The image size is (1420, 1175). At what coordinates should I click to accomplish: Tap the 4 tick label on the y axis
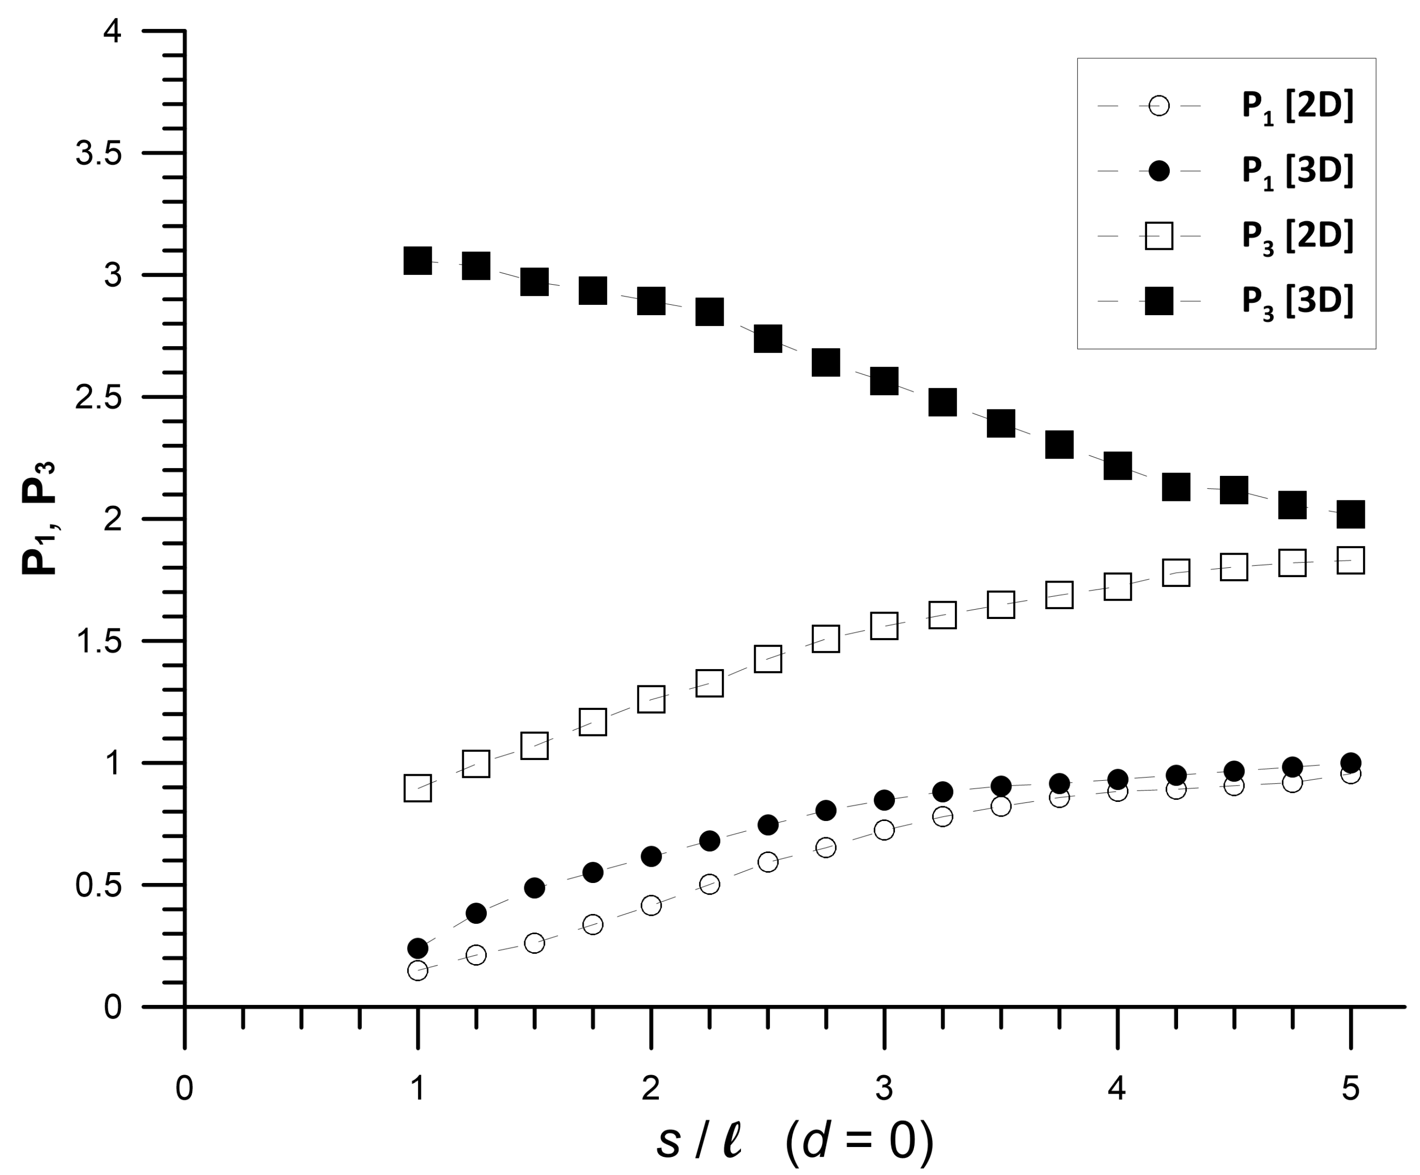point(112,32)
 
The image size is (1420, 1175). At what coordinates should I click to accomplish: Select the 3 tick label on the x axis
point(884,1089)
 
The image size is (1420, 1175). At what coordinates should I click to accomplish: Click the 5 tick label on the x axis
point(1350,1089)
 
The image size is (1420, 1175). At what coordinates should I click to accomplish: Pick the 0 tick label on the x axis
point(184,1089)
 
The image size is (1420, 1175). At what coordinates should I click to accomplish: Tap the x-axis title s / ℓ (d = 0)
point(795,1143)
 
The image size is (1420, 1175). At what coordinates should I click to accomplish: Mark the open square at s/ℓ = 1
point(418,788)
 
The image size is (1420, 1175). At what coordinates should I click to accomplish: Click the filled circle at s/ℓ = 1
point(418,948)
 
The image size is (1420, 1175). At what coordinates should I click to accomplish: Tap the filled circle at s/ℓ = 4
point(1118,779)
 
